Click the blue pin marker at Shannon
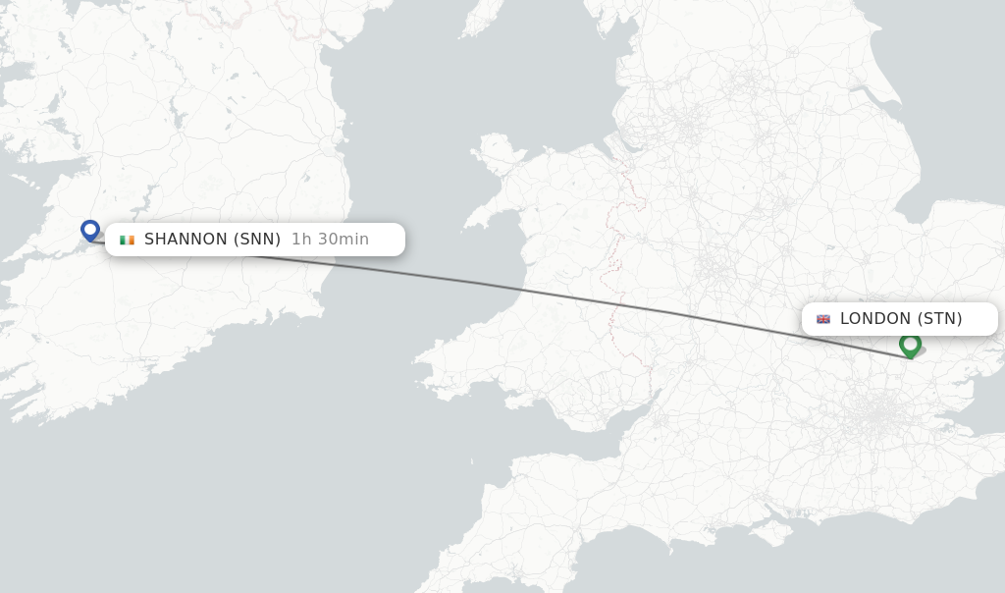tap(90, 230)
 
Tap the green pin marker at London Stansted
tap(910, 344)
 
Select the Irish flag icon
tap(127, 240)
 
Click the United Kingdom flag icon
tap(823, 319)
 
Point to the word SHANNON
tap(185, 240)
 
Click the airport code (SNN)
tap(257, 240)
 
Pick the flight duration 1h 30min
tap(330, 240)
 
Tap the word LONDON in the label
tap(875, 319)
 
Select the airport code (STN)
tap(939, 319)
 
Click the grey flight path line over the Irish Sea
tap(412, 274)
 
